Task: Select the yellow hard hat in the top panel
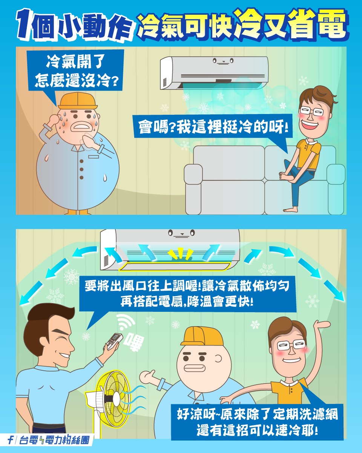pyautogui.click(x=77, y=101)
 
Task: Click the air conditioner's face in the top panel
pyautogui.click(x=223, y=60)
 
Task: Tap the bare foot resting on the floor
pyautogui.click(x=291, y=208)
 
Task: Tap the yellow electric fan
pyautogui.click(x=114, y=396)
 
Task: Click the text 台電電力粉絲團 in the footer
pyautogui.click(x=53, y=440)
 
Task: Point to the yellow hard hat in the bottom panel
pyautogui.click(x=199, y=336)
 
